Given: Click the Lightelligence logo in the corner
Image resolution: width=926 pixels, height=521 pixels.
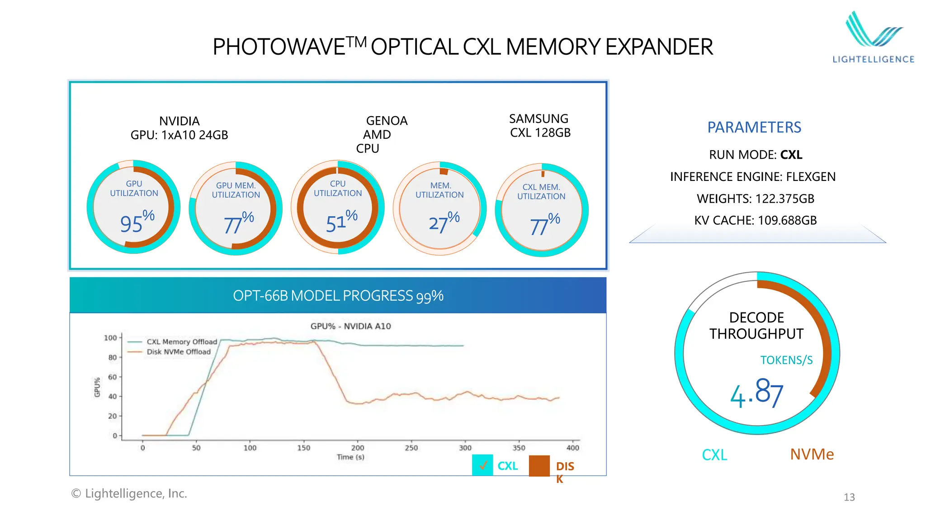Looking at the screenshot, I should (874, 38).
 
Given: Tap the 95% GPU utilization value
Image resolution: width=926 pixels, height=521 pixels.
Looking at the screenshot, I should (137, 222).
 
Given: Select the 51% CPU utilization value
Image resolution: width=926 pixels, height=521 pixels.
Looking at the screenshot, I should (341, 222).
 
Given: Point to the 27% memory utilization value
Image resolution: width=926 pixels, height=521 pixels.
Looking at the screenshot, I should (444, 222).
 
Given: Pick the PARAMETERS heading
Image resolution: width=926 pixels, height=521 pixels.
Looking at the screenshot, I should (754, 128).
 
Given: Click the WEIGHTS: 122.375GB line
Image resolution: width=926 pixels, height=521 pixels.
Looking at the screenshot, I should (755, 199).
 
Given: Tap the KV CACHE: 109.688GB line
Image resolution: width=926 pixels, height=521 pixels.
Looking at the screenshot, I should (755, 220).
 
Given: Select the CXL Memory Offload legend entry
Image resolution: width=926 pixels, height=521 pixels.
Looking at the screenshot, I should (181, 342).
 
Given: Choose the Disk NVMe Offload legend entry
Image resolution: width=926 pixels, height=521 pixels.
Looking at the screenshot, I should (178, 352).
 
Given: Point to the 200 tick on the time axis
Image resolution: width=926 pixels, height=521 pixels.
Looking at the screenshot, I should (358, 448).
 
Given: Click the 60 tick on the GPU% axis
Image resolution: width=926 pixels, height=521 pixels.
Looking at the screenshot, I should (112, 377).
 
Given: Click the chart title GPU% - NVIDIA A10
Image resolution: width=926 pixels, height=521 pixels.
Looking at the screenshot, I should (350, 326).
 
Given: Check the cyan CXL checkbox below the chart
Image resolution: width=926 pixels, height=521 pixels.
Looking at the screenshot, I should (482, 465).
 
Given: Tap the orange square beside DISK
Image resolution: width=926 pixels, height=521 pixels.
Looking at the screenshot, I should (539, 466).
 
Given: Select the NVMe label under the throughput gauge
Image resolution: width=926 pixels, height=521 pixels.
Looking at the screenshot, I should (812, 454).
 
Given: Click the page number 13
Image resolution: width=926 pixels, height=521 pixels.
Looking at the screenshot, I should (849, 497).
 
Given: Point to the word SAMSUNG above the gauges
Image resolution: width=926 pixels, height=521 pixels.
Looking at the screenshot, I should (539, 118).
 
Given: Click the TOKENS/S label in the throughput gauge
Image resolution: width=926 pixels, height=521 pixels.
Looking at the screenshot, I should (786, 360).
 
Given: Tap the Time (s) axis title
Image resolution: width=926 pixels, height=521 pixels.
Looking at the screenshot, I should (350, 457).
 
